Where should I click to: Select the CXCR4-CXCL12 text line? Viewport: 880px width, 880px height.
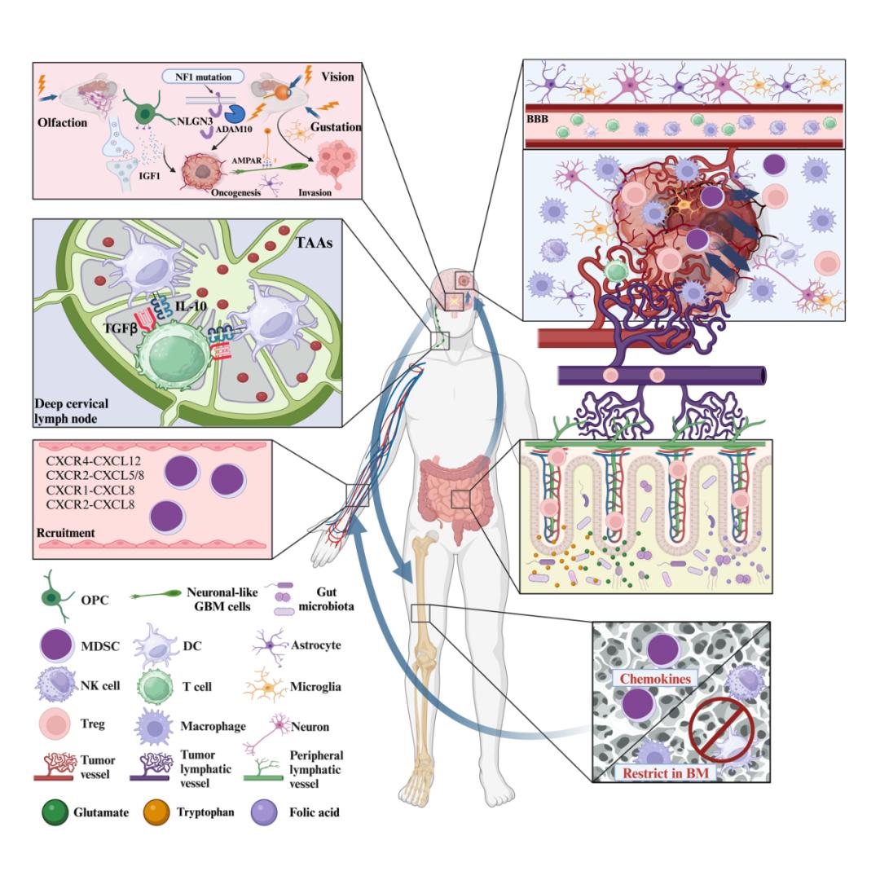90,462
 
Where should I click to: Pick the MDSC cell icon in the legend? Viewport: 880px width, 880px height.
52,645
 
